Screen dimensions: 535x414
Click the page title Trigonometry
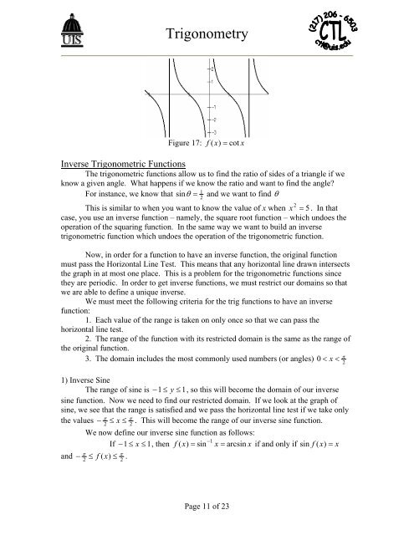[207, 34]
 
